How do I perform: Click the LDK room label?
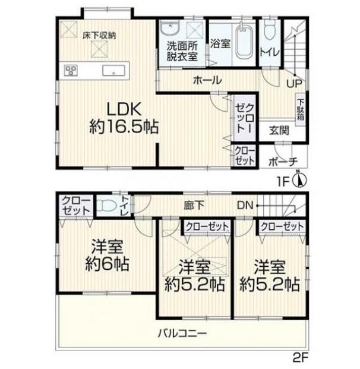(123, 109)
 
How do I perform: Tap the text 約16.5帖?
(124, 127)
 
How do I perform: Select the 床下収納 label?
(99, 35)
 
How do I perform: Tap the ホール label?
(206, 80)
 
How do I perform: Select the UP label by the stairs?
(293, 84)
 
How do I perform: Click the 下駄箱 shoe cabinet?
(300, 109)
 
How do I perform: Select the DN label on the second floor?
(245, 206)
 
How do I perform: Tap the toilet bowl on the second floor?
(106, 206)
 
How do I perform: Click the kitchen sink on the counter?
(112, 71)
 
